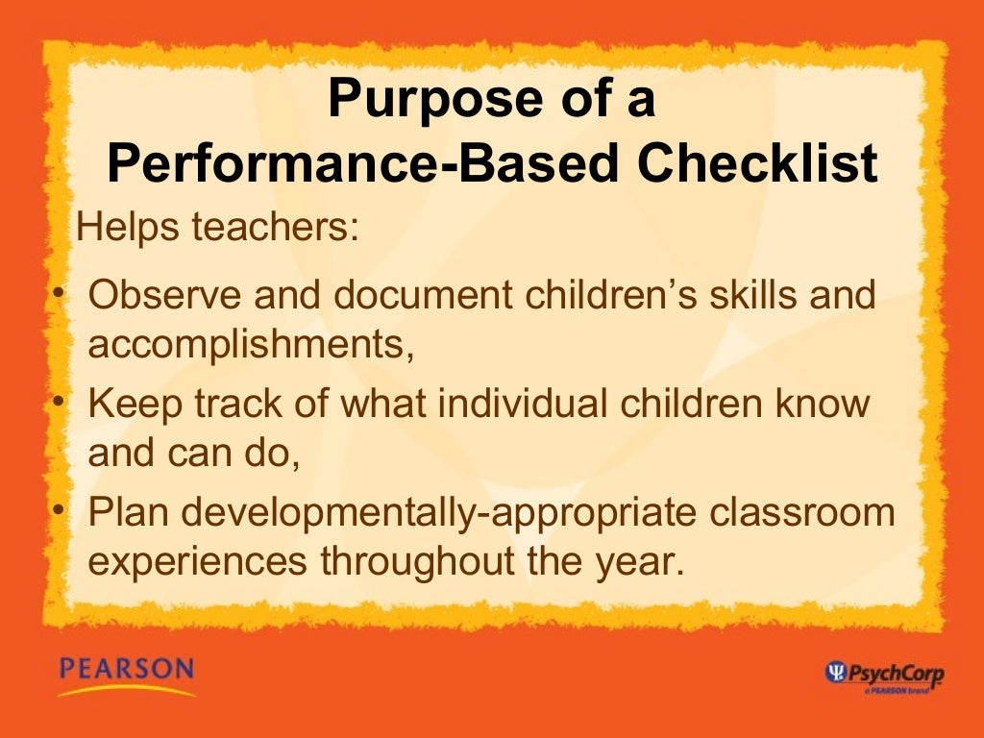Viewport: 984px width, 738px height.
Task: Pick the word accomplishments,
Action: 252,344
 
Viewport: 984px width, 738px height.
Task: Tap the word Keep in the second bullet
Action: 125,405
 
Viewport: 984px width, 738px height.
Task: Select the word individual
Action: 506,405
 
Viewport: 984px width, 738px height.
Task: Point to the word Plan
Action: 127,513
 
